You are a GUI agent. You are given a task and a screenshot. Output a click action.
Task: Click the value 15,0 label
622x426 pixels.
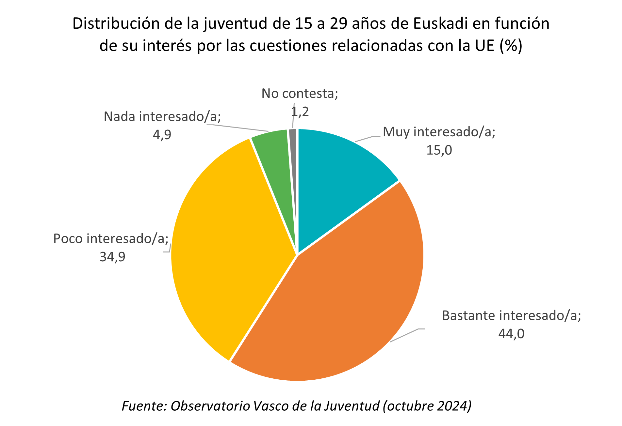click(x=439, y=150)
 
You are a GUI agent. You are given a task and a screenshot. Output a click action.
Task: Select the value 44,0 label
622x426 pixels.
click(x=511, y=334)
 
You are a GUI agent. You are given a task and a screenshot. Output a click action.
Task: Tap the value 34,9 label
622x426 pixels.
click(x=112, y=257)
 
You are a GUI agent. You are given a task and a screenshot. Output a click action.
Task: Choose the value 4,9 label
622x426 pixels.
click(x=162, y=135)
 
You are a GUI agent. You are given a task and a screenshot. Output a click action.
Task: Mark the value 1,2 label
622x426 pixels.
click(x=300, y=112)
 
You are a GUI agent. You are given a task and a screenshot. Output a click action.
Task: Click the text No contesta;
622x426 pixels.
click(x=300, y=94)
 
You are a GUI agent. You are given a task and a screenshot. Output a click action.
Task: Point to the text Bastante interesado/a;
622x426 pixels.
click(x=511, y=316)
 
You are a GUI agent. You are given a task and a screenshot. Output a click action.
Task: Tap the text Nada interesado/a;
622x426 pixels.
click(x=162, y=116)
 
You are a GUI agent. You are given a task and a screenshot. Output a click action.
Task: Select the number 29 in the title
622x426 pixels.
click(x=338, y=24)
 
